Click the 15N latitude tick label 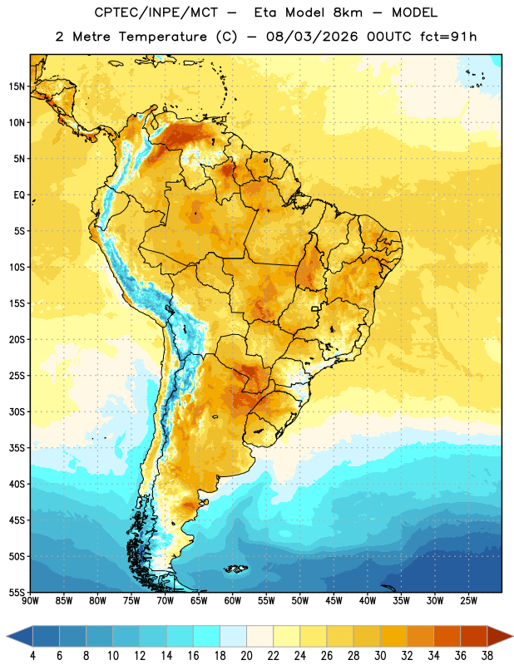point(17,86)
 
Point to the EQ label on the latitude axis point(19,195)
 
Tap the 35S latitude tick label point(17,448)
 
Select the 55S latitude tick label point(17,592)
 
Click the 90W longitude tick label point(30,600)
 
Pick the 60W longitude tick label point(233,600)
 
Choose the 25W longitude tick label point(468,600)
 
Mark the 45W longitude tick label point(334,600)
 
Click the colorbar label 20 point(246,656)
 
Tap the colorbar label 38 point(487,656)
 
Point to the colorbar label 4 point(32,656)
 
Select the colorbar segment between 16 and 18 point(207,636)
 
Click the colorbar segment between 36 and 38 point(474,636)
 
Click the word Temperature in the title point(162,37)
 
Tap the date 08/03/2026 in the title point(312,37)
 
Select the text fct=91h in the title point(448,37)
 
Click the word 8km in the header point(348,12)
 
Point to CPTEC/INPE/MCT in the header point(156,13)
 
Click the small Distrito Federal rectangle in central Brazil point(315,308)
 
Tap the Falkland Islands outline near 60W point(235,569)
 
